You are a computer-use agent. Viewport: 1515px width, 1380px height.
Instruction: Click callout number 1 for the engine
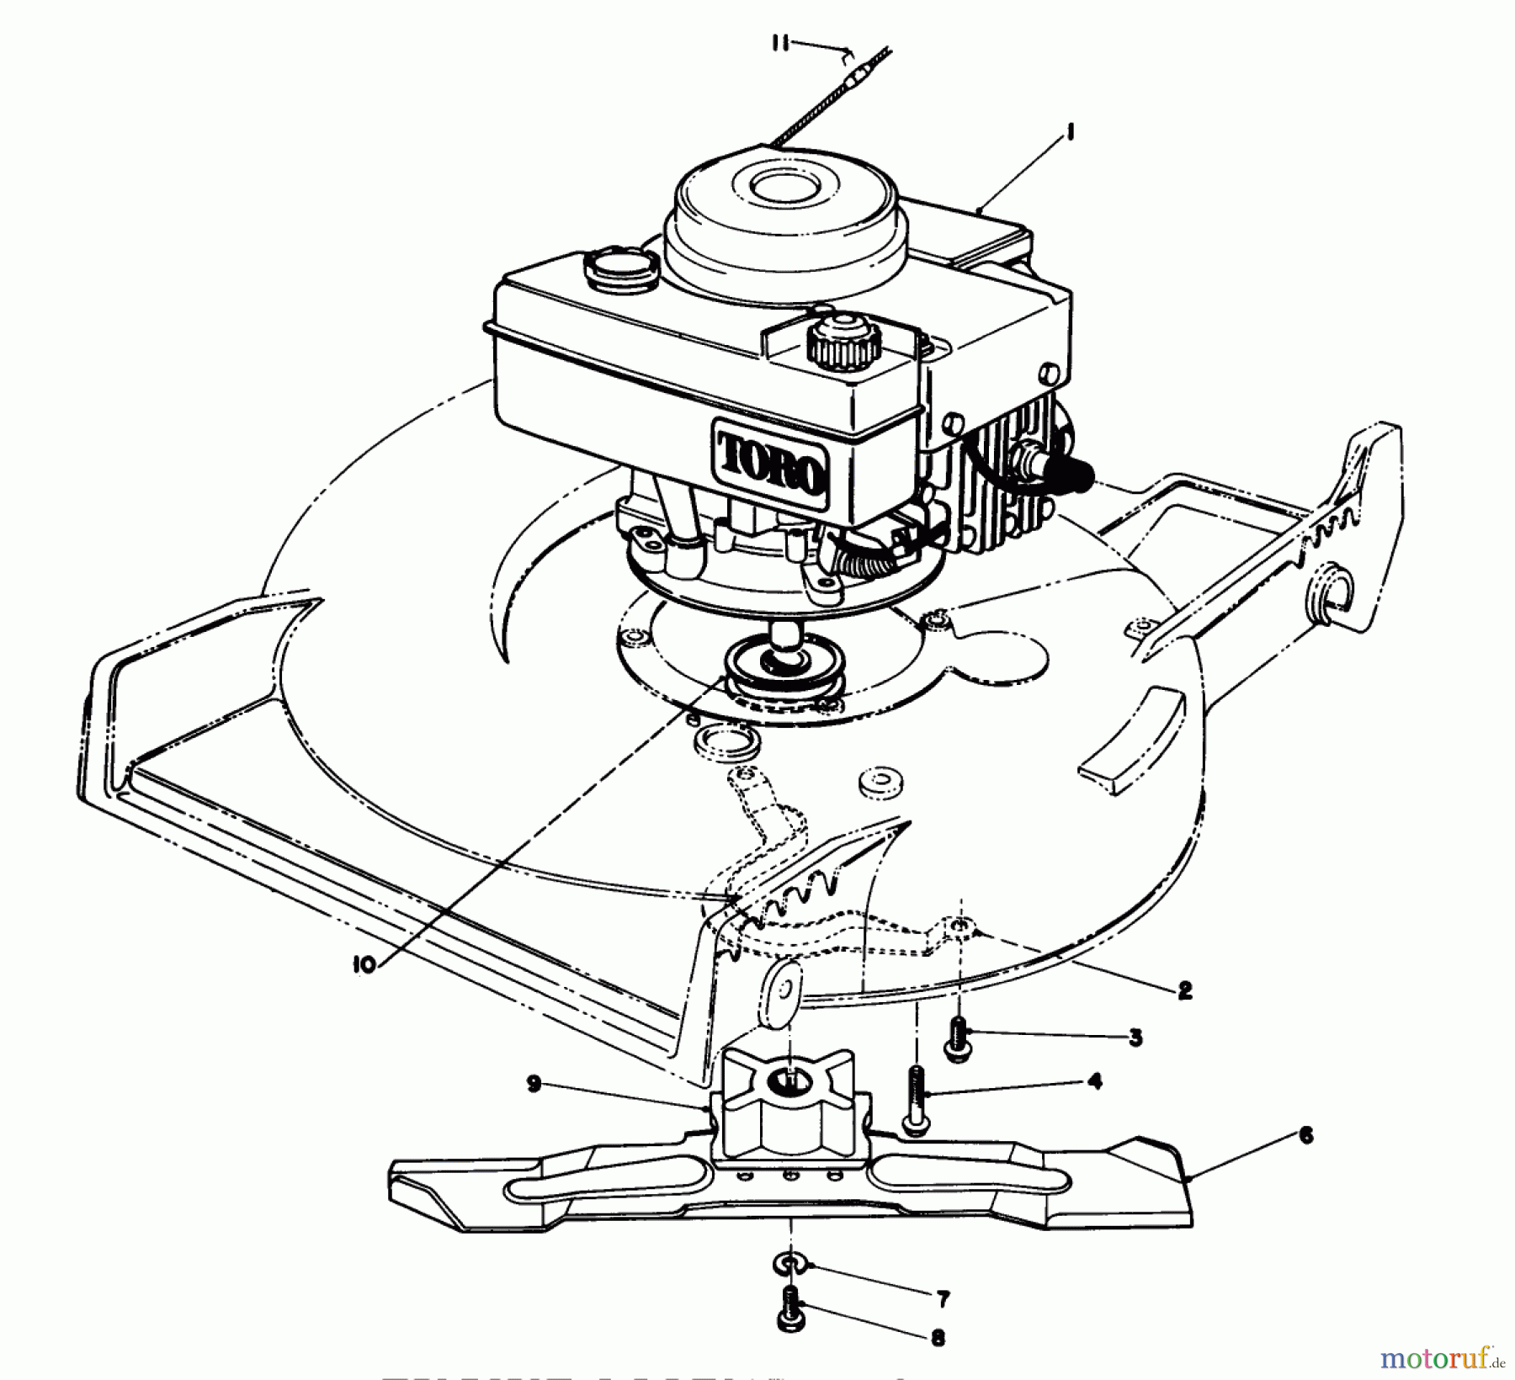[1071, 133]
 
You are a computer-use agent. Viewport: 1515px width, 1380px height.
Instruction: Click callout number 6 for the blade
[1305, 1136]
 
